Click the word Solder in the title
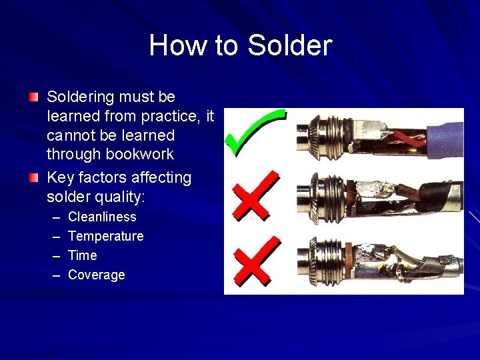(x=289, y=45)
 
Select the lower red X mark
(x=254, y=259)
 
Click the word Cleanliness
(x=102, y=217)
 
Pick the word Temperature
(x=105, y=236)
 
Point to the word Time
(x=83, y=255)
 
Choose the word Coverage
(x=96, y=275)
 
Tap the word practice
(x=163, y=117)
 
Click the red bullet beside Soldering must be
(x=34, y=98)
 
